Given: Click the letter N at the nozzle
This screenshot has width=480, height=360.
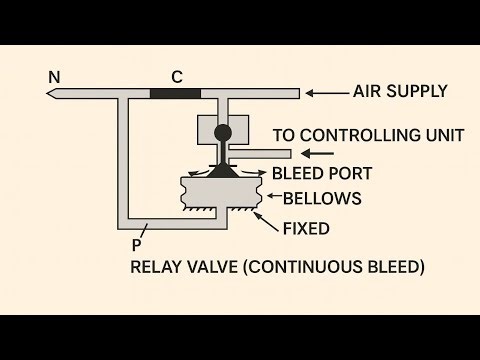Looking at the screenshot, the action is click(53, 76).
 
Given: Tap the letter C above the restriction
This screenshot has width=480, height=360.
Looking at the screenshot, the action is click(176, 75).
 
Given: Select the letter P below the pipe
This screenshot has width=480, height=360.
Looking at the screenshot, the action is click(136, 242).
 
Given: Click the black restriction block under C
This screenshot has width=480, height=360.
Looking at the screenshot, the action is click(175, 94).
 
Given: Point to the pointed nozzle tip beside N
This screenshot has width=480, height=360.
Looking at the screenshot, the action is click(51, 94).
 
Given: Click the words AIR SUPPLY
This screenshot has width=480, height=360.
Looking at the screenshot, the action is click(400, 92).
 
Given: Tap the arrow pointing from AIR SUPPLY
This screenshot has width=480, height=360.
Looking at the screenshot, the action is click(324, 93).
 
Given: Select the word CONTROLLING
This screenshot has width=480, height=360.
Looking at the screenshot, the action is click(358, 134).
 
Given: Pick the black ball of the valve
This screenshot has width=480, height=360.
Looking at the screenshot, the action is click(222, 132).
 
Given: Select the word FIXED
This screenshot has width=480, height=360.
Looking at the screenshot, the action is click(306, 228).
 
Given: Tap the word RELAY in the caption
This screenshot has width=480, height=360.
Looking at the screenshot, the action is click(155, 267).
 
